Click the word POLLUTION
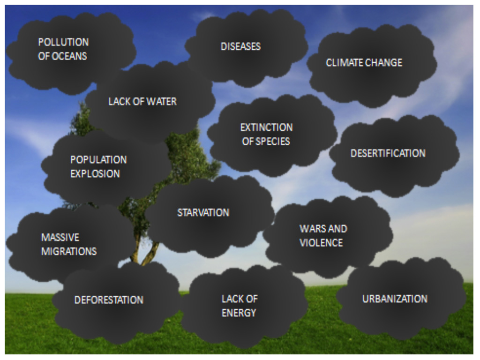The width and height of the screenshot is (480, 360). [x=63, y=42]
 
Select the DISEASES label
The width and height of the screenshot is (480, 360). [x=240, y=46]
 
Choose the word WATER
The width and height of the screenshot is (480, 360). [x=161, y=101]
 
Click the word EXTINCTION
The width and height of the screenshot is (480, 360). [x=266, y=127]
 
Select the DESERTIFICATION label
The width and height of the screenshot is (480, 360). [x=388, y=153]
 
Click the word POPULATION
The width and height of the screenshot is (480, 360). [x=98, y=160]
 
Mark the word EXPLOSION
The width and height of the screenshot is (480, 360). [x=95, y=174]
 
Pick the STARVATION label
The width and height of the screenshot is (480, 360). [x=203, y=213]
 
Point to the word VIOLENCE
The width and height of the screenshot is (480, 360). [x=321, y=243]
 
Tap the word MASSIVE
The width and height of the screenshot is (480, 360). [x=60, y=237]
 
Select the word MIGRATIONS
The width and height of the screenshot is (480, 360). [x=69, y=251]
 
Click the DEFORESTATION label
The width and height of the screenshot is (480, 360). [x=109, y=300]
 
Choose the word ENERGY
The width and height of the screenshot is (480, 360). [x=239, y=313]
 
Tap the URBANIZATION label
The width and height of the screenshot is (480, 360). [x=395, y=299]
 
